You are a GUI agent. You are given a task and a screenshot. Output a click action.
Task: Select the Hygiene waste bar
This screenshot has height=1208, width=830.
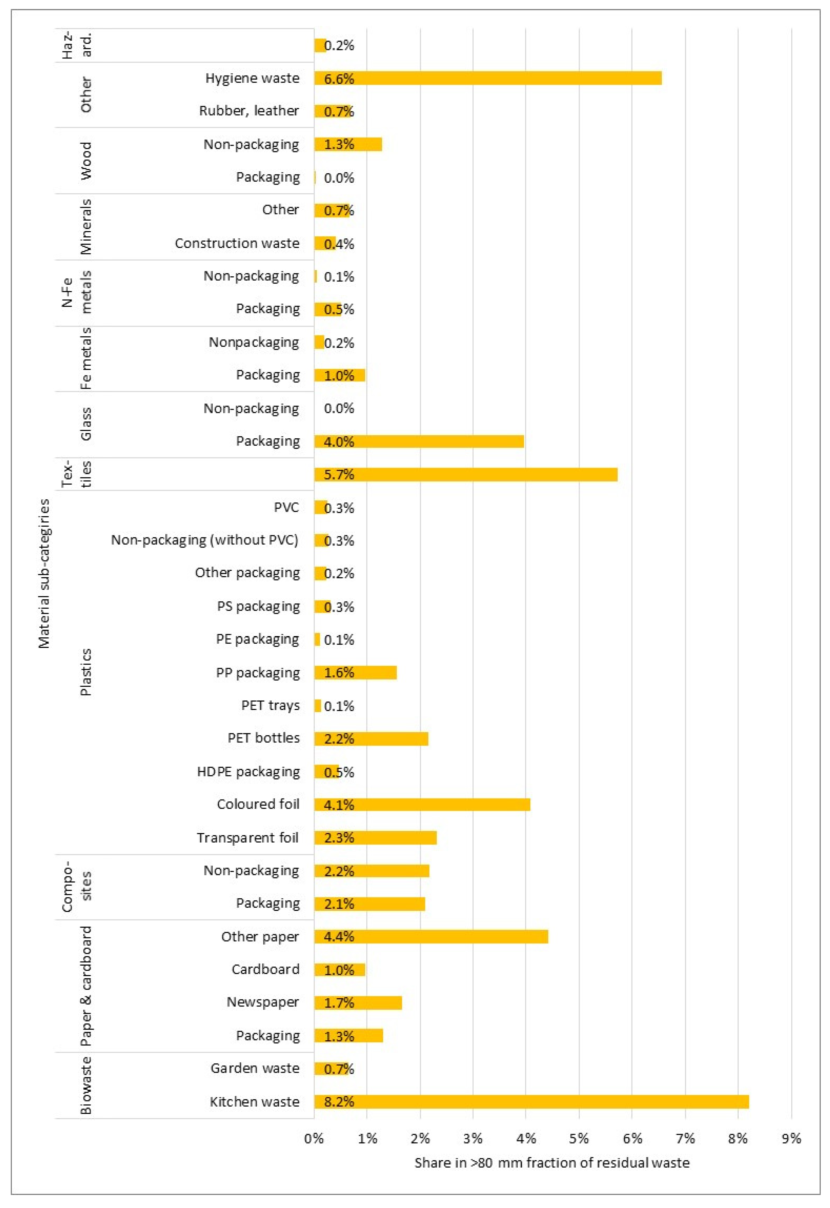(x=488, y=78)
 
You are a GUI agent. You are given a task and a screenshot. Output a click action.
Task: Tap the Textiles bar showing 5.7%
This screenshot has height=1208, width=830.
(x=465, y=474)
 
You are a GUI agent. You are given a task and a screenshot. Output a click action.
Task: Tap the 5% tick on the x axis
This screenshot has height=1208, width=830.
(x=579, y=1138)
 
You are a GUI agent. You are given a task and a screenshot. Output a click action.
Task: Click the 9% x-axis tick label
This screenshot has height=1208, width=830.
(x=791, y=1138)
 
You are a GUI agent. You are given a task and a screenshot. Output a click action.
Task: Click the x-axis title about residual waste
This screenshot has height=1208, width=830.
(x=552, y=1163)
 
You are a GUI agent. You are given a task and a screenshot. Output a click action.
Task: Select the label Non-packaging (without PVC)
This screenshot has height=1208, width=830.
(x=204, y=540)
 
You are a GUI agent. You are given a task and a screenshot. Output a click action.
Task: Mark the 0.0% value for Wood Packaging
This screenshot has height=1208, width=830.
(x=338, y=178)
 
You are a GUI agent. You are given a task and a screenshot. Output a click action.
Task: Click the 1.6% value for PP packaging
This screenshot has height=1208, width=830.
(x=338, y=673)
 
